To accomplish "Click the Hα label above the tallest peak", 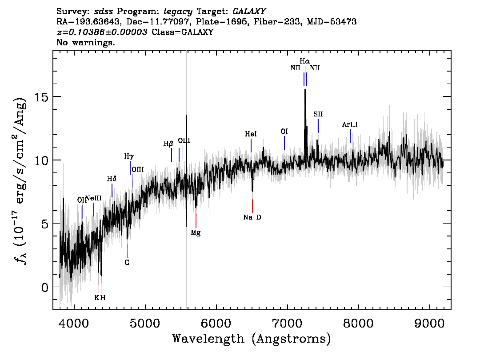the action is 305,61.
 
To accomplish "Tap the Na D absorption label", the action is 252,217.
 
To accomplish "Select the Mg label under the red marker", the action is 196,232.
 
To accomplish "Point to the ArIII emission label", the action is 350,124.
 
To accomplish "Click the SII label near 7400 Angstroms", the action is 318,114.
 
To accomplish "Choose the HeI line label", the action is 251,134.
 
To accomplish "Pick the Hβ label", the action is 168,144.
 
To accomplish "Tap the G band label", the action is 127,263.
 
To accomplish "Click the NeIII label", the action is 93,198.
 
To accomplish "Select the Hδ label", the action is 112,179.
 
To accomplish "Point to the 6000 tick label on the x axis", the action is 216,323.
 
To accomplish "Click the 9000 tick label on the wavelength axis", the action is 429,323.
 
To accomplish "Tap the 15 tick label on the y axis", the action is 41,97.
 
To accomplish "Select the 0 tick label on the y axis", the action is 45,288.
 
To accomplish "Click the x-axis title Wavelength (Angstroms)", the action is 252,339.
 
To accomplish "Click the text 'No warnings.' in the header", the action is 85,42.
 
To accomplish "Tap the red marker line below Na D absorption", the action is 252,206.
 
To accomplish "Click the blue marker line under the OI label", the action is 284,143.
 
